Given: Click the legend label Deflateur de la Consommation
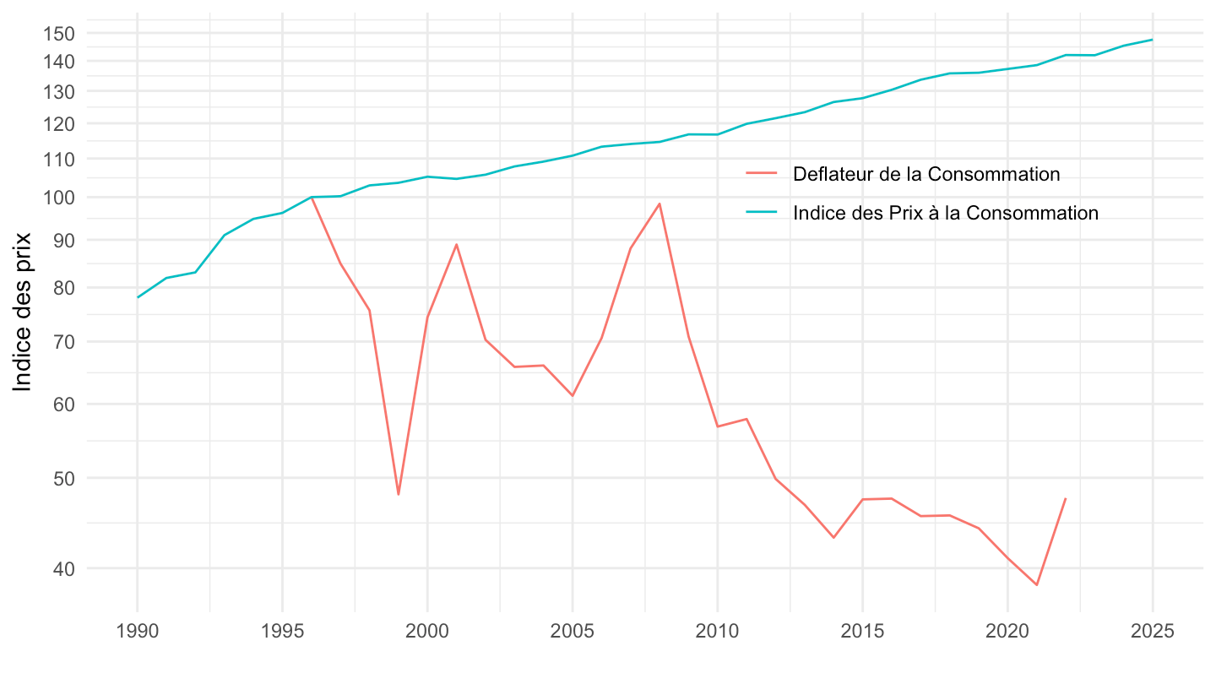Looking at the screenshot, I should pos(926,174).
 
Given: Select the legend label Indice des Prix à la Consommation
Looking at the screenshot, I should pos(946,213).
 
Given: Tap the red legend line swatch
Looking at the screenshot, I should pos(762,174).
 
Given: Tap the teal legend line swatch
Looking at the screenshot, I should pos(762,213).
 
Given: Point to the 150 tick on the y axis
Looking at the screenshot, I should pos(62,33).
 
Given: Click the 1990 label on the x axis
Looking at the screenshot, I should pos(137,632).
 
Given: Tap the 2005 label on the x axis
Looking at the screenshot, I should pos(573,632).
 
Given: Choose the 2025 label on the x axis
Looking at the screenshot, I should pos(1153,632).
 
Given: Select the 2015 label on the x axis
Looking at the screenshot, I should pos(862,632).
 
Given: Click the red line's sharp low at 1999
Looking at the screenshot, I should pos(399,494).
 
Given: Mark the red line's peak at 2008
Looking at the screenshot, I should pos(660,204).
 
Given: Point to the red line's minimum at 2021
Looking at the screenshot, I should pos(1037,584).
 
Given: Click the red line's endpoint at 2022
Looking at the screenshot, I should pos(1066,498).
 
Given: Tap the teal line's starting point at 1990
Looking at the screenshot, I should pos(138,297).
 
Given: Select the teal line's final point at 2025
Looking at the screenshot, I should pos(1153,40).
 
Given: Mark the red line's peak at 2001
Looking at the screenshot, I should pos(457,244).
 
